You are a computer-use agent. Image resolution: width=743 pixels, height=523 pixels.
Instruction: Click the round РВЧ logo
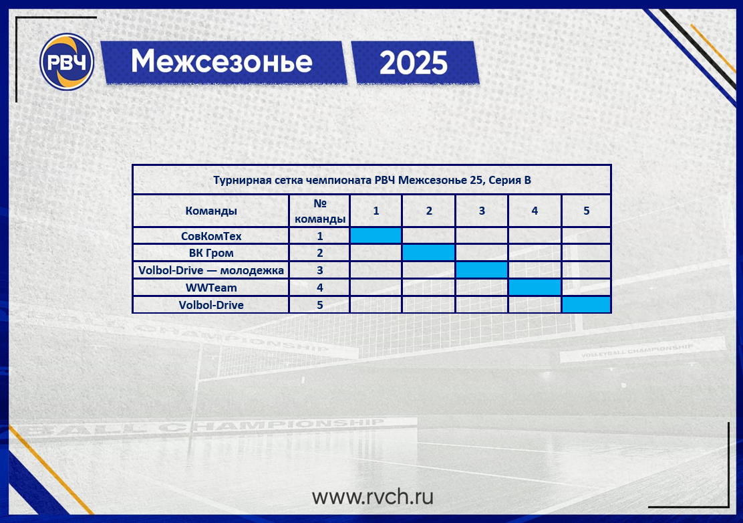tap(67, 62)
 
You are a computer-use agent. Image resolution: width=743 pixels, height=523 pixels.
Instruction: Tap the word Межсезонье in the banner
tap(222, 62)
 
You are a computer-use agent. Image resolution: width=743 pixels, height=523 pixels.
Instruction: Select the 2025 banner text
tap(414, 63)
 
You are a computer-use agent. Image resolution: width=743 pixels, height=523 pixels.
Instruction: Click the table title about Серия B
tap(372, 180)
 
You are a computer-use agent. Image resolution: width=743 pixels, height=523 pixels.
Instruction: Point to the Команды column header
tap(211, 211)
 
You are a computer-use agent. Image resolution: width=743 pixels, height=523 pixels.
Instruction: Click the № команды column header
tap(320, 211)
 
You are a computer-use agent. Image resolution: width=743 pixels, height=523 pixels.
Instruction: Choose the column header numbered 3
tap(482, 211)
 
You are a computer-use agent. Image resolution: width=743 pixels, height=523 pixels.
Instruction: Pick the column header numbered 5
tap(586, 211)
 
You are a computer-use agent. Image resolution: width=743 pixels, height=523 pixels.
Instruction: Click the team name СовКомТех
tap(211, 236)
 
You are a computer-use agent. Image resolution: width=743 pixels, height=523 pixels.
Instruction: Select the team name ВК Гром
tap(211, 253)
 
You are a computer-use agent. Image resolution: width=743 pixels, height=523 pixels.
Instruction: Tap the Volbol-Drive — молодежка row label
tap(211, 270)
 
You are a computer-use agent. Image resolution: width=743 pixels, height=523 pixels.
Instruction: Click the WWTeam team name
tap(211, 288)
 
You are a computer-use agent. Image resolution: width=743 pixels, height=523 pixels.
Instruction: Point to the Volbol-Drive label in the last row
tap(211, 305)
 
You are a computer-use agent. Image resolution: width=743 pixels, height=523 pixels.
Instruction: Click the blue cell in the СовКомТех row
tap(376, 235)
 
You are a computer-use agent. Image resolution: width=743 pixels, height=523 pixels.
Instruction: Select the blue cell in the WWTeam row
tap(535, 288)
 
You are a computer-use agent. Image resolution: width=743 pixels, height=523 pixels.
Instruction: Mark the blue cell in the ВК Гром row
tap(428, 253)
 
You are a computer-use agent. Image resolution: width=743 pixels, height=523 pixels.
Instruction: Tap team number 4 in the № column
tap(320, 288)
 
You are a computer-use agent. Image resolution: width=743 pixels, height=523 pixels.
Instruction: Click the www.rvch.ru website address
tap(372, 496)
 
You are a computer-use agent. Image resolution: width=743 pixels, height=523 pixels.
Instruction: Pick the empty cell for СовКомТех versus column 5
tap(586, 235)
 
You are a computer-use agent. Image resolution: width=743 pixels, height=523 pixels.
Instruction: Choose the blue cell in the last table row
tap(586, 304)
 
